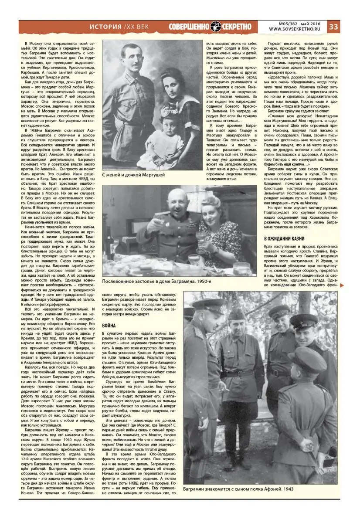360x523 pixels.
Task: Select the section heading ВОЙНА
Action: (109, 326)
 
